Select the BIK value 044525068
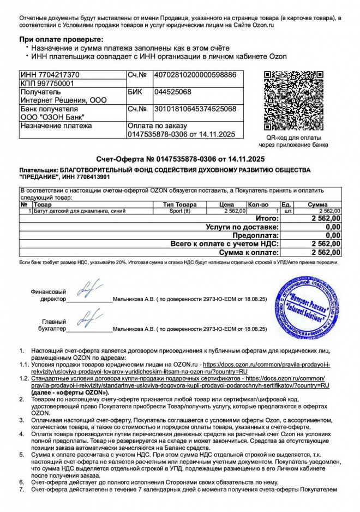[173, 92]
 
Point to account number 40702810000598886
[195, 75]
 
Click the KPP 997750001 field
[46, 84]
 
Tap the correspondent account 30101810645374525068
[195, 109]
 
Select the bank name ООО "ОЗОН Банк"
[51, 117]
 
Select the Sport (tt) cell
[180, 210]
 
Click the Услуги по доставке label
[242, 227]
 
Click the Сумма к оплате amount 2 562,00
[326, 253]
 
